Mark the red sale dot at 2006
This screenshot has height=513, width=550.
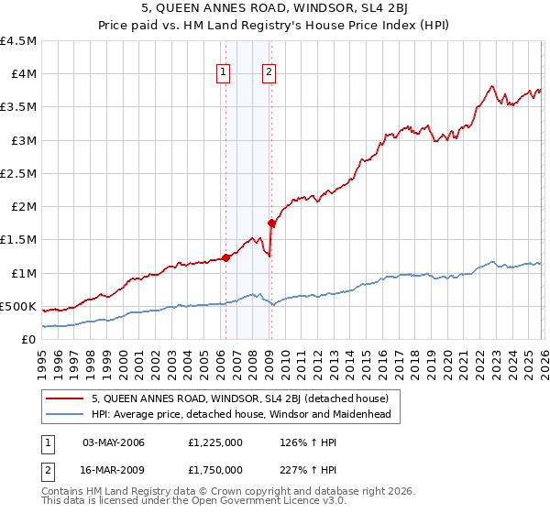pyautogui.click(x=225, y=258)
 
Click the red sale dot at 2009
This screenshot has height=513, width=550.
pyautogui.click(x=271, y=223)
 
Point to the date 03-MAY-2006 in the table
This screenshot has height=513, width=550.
pyautogui.click(x=115, y=442)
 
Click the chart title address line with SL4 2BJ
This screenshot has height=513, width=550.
pyautogui.click(x=274, y=11)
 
